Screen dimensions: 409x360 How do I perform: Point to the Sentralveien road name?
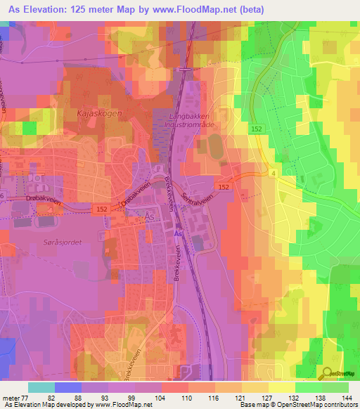pos(197,190)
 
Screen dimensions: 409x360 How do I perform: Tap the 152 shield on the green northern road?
pos(257,128)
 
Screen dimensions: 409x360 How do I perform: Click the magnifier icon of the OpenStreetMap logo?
pos(327,374)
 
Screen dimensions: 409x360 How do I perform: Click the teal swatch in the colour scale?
pos(41,387)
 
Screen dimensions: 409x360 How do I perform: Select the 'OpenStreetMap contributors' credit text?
pos(316,405)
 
